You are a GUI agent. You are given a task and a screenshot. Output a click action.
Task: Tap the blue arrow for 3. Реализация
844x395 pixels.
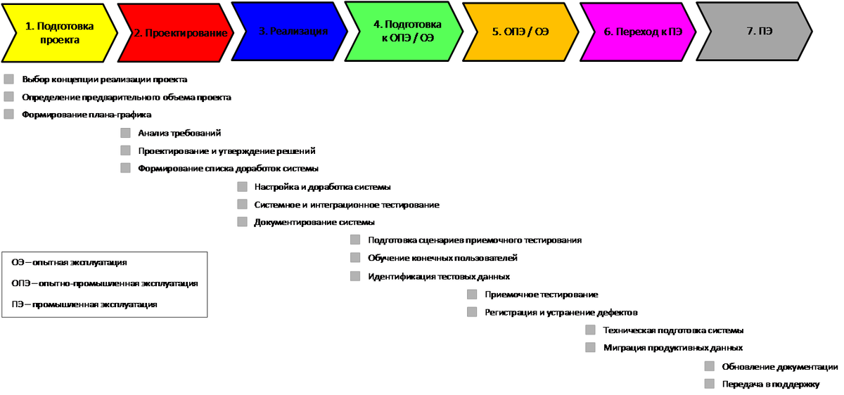click(290, 32)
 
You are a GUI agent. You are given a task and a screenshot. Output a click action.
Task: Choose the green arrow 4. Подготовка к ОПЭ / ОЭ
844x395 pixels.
click(404, 32)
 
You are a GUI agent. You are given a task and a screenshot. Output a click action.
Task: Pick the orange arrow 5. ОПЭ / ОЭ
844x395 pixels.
click(520, 32)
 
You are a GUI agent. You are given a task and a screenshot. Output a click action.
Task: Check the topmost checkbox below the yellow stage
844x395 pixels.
click(8, 79)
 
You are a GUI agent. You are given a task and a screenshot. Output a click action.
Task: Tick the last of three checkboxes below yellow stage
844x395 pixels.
click(8, 114)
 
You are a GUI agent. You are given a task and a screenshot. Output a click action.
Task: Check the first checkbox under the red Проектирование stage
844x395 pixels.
click(126, 133)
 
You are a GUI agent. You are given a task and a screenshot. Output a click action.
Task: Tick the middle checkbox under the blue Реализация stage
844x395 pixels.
click(243, 205)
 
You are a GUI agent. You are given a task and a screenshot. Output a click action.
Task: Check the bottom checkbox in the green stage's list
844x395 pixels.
click(355, 276)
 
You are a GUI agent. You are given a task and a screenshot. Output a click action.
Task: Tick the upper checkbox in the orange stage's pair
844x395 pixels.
click(472, 294)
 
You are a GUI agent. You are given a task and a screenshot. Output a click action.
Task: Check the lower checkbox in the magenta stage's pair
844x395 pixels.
click(590, 348)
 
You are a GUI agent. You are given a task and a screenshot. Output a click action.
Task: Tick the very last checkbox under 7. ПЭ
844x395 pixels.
click(709, 384)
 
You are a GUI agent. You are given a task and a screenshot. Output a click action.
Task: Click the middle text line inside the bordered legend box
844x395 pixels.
click(105, 283)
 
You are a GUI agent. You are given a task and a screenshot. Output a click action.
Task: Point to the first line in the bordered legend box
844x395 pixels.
click(70, 263)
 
